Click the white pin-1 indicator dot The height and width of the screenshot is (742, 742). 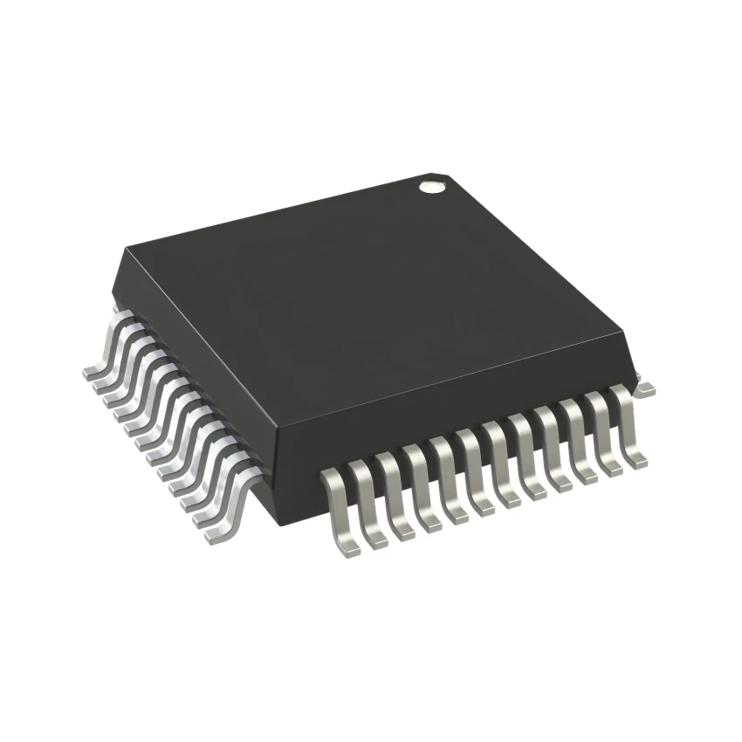click(x=429, y=185)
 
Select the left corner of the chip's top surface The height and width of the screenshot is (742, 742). click(x=125, y=249)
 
